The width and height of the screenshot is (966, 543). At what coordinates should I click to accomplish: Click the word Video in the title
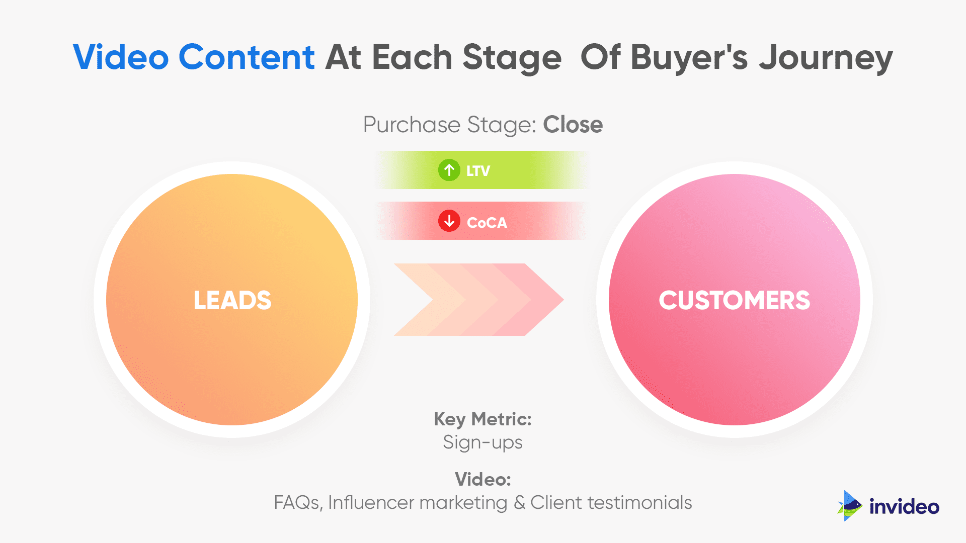[x=121, y=57]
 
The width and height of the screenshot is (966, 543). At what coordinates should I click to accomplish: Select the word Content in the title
[x=247, y=57]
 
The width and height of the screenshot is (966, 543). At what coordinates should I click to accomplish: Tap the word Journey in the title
[x=826, y=58]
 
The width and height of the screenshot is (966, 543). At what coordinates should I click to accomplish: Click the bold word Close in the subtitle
[x=573, y=125]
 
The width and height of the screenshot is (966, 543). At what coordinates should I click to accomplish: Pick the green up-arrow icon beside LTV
[x=449, y=170]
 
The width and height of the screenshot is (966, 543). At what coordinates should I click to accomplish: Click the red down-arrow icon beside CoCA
[x=449, y=221]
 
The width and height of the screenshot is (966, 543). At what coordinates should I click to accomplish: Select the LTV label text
[x=478, y=171]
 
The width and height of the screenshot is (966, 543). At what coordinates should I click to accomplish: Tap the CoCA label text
[x=487, y=222]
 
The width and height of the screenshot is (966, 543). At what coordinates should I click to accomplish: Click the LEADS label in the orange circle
[x=232, y=300]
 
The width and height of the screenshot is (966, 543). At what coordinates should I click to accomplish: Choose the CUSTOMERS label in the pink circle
[x=734, y=300]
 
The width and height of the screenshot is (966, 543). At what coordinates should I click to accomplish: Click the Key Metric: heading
[x=482, y=419]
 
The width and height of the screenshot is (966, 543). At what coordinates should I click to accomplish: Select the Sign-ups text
[x=482, y=442]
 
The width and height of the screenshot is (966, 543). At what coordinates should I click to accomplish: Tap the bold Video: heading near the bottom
[x=482, y=479]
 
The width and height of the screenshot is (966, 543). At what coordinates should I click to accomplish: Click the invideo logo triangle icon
[x=850, y=506]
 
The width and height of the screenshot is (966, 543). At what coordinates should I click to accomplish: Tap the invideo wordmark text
[x=904, y=506]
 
